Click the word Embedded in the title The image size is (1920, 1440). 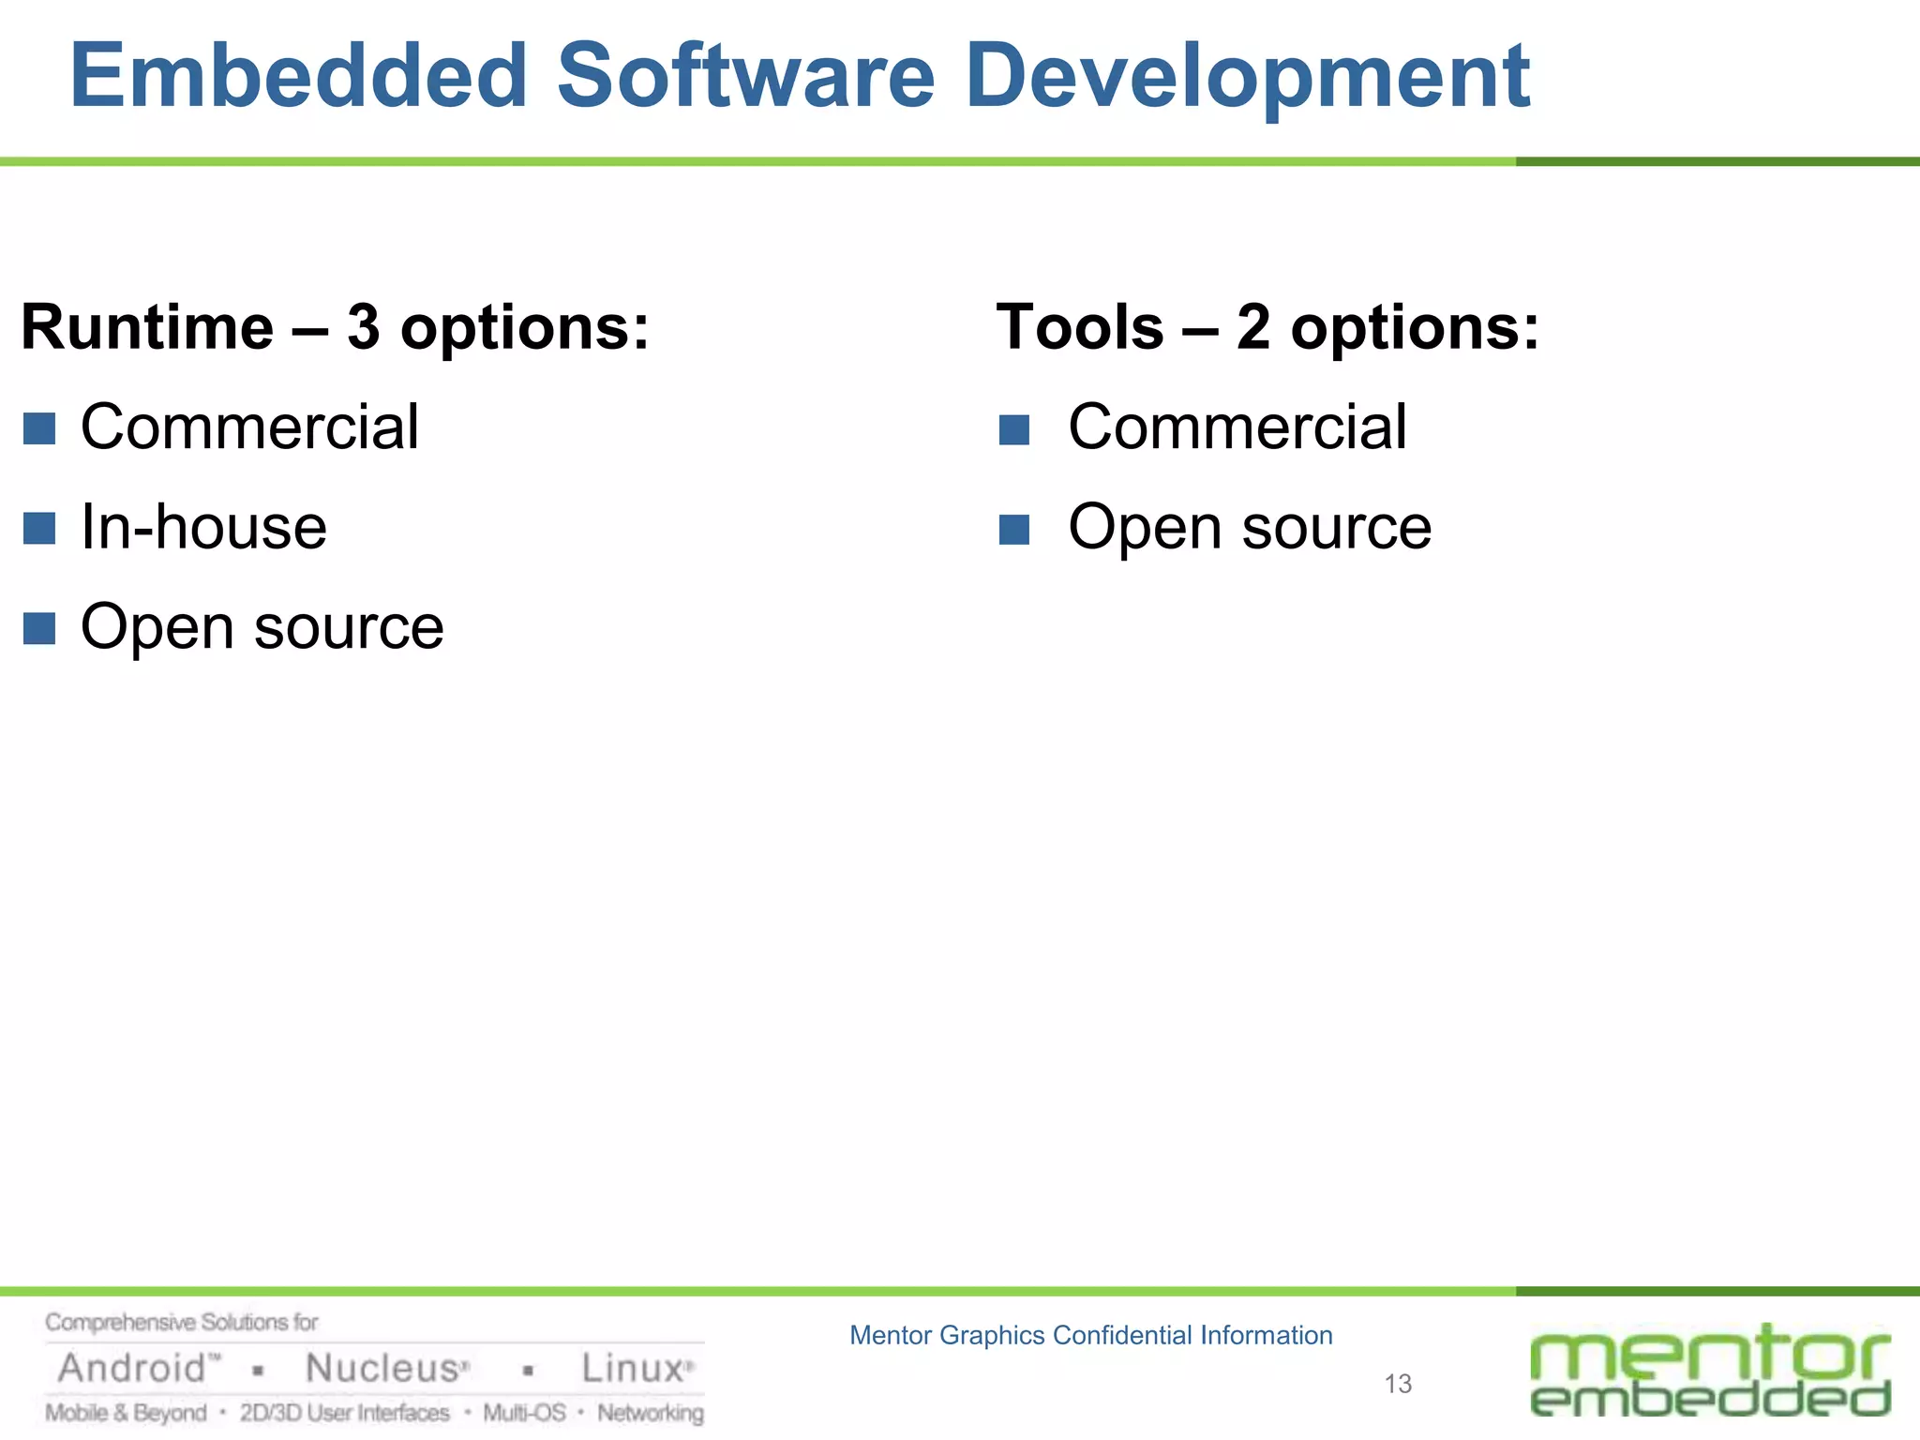[299, 76]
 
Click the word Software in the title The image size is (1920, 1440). [745, 76]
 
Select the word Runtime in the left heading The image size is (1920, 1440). [147, 328]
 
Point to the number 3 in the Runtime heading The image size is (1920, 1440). [364, 328]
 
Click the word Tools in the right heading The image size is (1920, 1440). [1080, 328]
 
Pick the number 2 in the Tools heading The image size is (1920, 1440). [1253, 328]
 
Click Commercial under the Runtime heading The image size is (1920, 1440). [249, 427]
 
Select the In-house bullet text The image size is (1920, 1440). [203, 527]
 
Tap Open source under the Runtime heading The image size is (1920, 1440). [262, 627]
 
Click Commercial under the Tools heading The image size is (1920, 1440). [1237, 427]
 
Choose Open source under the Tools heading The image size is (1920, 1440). [1249, 528]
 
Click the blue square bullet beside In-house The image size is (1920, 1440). [39, 528]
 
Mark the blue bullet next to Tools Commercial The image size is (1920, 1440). [1014, 430]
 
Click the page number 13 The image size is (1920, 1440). [1398, 1384]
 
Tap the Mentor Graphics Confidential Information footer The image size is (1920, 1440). [1090, 1335]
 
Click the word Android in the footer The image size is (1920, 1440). [131, 1369]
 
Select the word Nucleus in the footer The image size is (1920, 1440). [382, 1369]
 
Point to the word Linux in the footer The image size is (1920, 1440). [633, 1369]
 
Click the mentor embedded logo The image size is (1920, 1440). [1710, 1371]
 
